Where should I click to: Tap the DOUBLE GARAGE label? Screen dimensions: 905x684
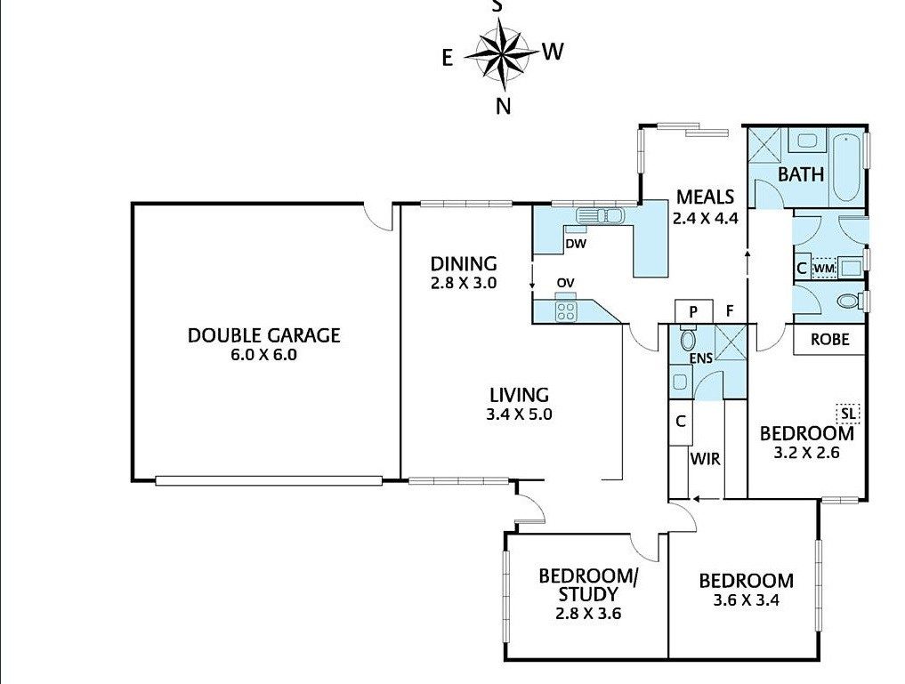click(263, 335)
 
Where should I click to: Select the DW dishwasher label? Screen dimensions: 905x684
click(576, 244)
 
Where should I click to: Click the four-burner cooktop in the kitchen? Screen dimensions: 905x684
click(565, 311)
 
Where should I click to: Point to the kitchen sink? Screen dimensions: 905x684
click(601, 216)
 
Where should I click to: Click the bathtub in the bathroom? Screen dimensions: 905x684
click(846, 167)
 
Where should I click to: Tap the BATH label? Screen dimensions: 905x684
click(801, 174)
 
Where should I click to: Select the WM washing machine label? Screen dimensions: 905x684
click(824, 269)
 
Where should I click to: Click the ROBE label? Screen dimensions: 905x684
click(829, 339)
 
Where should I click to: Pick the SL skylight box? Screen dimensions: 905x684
click(848, 413)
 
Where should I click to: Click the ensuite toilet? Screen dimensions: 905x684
click(687, 339)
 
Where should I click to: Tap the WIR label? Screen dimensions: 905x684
click(706, 459)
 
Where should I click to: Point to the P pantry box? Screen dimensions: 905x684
click(693, 311)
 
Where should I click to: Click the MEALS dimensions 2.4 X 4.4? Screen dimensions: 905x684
click(705, 218)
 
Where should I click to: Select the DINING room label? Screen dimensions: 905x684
click(464, 264)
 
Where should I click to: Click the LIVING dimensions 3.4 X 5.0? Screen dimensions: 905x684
click(519, 414)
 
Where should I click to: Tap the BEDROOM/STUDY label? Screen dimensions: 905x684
click(587, 584)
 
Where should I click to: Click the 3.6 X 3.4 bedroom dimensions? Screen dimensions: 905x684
click(747, 600)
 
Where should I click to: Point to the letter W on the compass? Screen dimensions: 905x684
click(553, 52)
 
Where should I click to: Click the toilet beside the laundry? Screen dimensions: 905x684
click(848, 301)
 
